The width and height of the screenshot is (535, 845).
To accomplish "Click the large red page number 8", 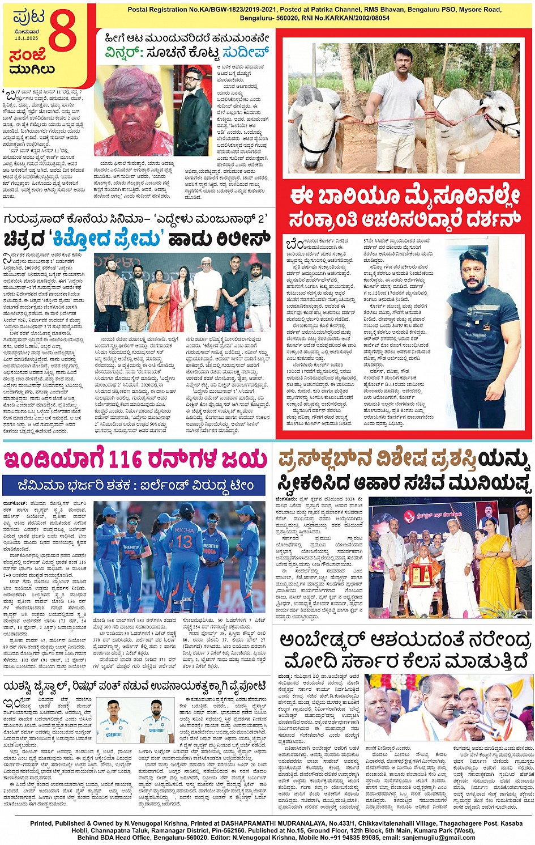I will (62, 33).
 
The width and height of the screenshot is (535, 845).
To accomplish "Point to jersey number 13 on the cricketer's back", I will (183, 541).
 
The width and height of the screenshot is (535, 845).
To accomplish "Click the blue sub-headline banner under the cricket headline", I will (135, 486).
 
